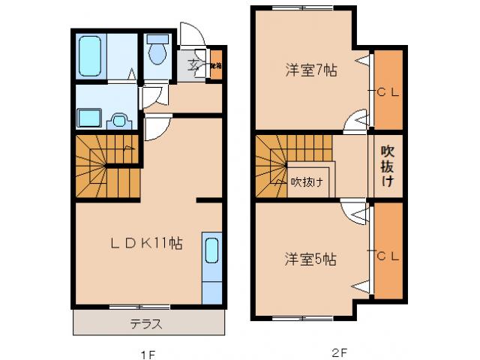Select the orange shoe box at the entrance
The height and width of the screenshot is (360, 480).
215,65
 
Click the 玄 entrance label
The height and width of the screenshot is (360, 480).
193,65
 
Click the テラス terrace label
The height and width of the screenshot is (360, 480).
146,324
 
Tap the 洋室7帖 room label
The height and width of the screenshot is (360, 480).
310,71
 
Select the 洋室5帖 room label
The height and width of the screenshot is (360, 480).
310,259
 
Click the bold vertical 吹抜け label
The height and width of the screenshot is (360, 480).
388,166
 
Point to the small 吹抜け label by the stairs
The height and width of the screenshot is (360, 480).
307,181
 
